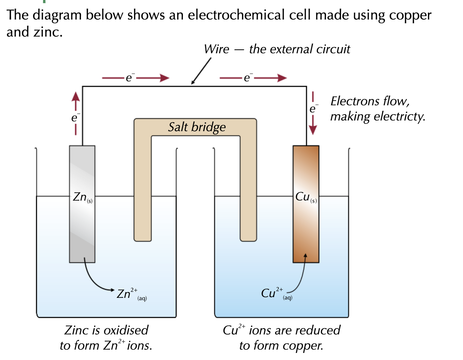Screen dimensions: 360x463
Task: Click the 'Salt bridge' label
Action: (x=197, y=127)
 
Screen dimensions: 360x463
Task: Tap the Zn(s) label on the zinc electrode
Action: (x=82, y=197)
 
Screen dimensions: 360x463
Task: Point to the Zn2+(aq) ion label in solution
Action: (x=131, y=294)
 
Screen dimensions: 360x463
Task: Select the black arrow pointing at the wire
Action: (x=201, y=71)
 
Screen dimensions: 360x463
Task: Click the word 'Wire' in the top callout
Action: (x=216, y=49)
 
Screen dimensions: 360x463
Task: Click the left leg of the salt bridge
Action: (x=142, y=189)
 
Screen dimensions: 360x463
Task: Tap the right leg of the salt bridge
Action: (x=248, y=189)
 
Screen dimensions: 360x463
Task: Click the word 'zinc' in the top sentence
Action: (x=47, y=32)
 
